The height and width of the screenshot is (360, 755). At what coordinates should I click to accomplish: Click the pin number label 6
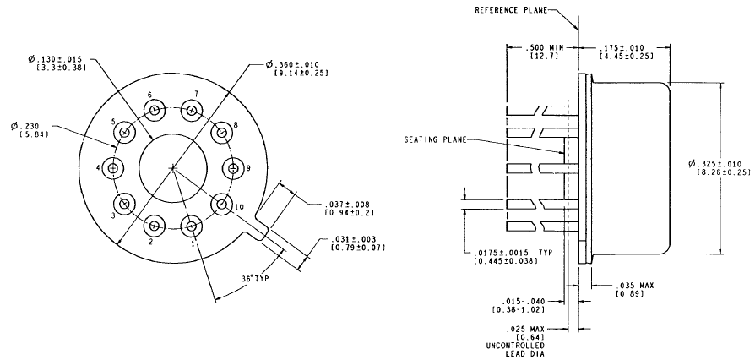(149, 95)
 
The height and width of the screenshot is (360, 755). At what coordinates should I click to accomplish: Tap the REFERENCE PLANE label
(510, 10)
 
